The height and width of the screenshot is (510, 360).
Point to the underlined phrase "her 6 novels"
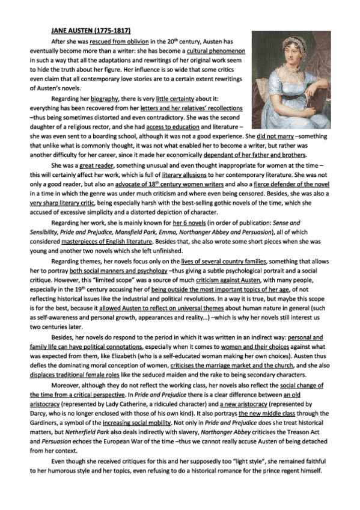click(189, 224)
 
